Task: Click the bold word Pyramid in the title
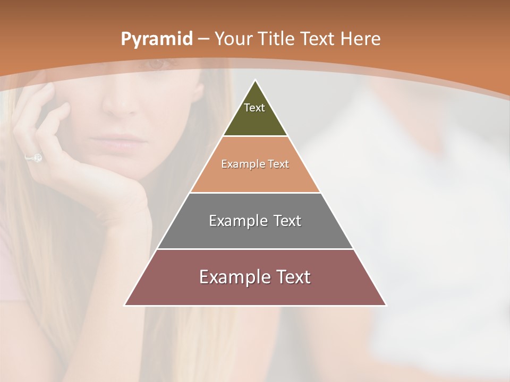click(156, 39)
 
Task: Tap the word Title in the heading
click(276, 39)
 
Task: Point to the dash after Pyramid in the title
click(203, 39)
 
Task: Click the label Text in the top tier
click(254, 108)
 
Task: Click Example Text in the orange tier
click(255, 164)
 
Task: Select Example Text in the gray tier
click(255, 221)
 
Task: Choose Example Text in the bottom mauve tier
click(255, 277)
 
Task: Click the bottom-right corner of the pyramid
click(386, 305)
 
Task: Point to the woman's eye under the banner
click(155, 64)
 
